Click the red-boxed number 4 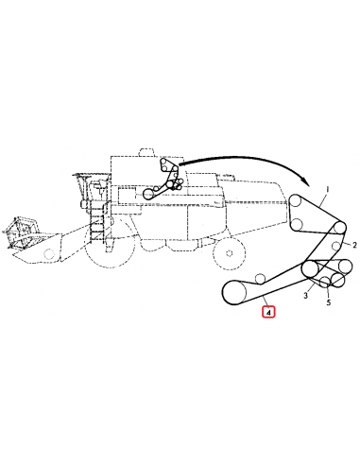[x=267, y=310]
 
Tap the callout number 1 [x=326, y=190]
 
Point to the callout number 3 [x=305, y=296]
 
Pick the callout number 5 [x=328, y=302]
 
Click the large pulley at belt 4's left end [x=233, y=292]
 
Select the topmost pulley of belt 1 [x=298, y=202]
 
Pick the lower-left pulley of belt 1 [x=297, y=224]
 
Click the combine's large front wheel [x=107, y=250]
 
